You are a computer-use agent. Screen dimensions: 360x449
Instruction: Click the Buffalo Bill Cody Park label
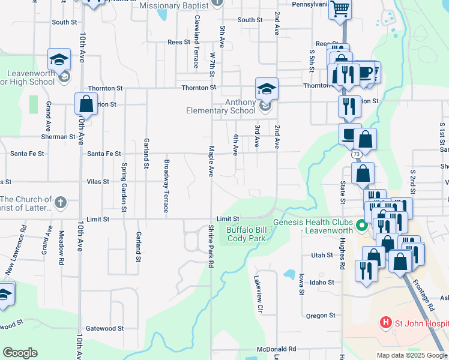[246, 234]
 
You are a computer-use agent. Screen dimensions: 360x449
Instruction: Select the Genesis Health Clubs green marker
[361, 226]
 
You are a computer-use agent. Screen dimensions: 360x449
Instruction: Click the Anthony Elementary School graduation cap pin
[267, 90]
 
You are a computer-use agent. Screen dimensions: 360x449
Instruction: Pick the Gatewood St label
[104, 328]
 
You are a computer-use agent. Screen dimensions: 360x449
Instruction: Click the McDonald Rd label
[276, 349]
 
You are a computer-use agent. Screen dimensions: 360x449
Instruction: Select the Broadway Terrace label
[166, 186]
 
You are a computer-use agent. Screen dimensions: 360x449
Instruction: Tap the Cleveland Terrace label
[196, 33]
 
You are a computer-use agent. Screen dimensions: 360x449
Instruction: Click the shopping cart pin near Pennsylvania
[340, 10]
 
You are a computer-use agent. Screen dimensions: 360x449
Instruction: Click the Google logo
[20, 353]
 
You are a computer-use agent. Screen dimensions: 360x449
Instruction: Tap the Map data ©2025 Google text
[412, 355]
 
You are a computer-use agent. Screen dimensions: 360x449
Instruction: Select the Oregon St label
[320, 316]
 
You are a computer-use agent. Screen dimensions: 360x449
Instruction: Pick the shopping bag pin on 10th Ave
[86, 104]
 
